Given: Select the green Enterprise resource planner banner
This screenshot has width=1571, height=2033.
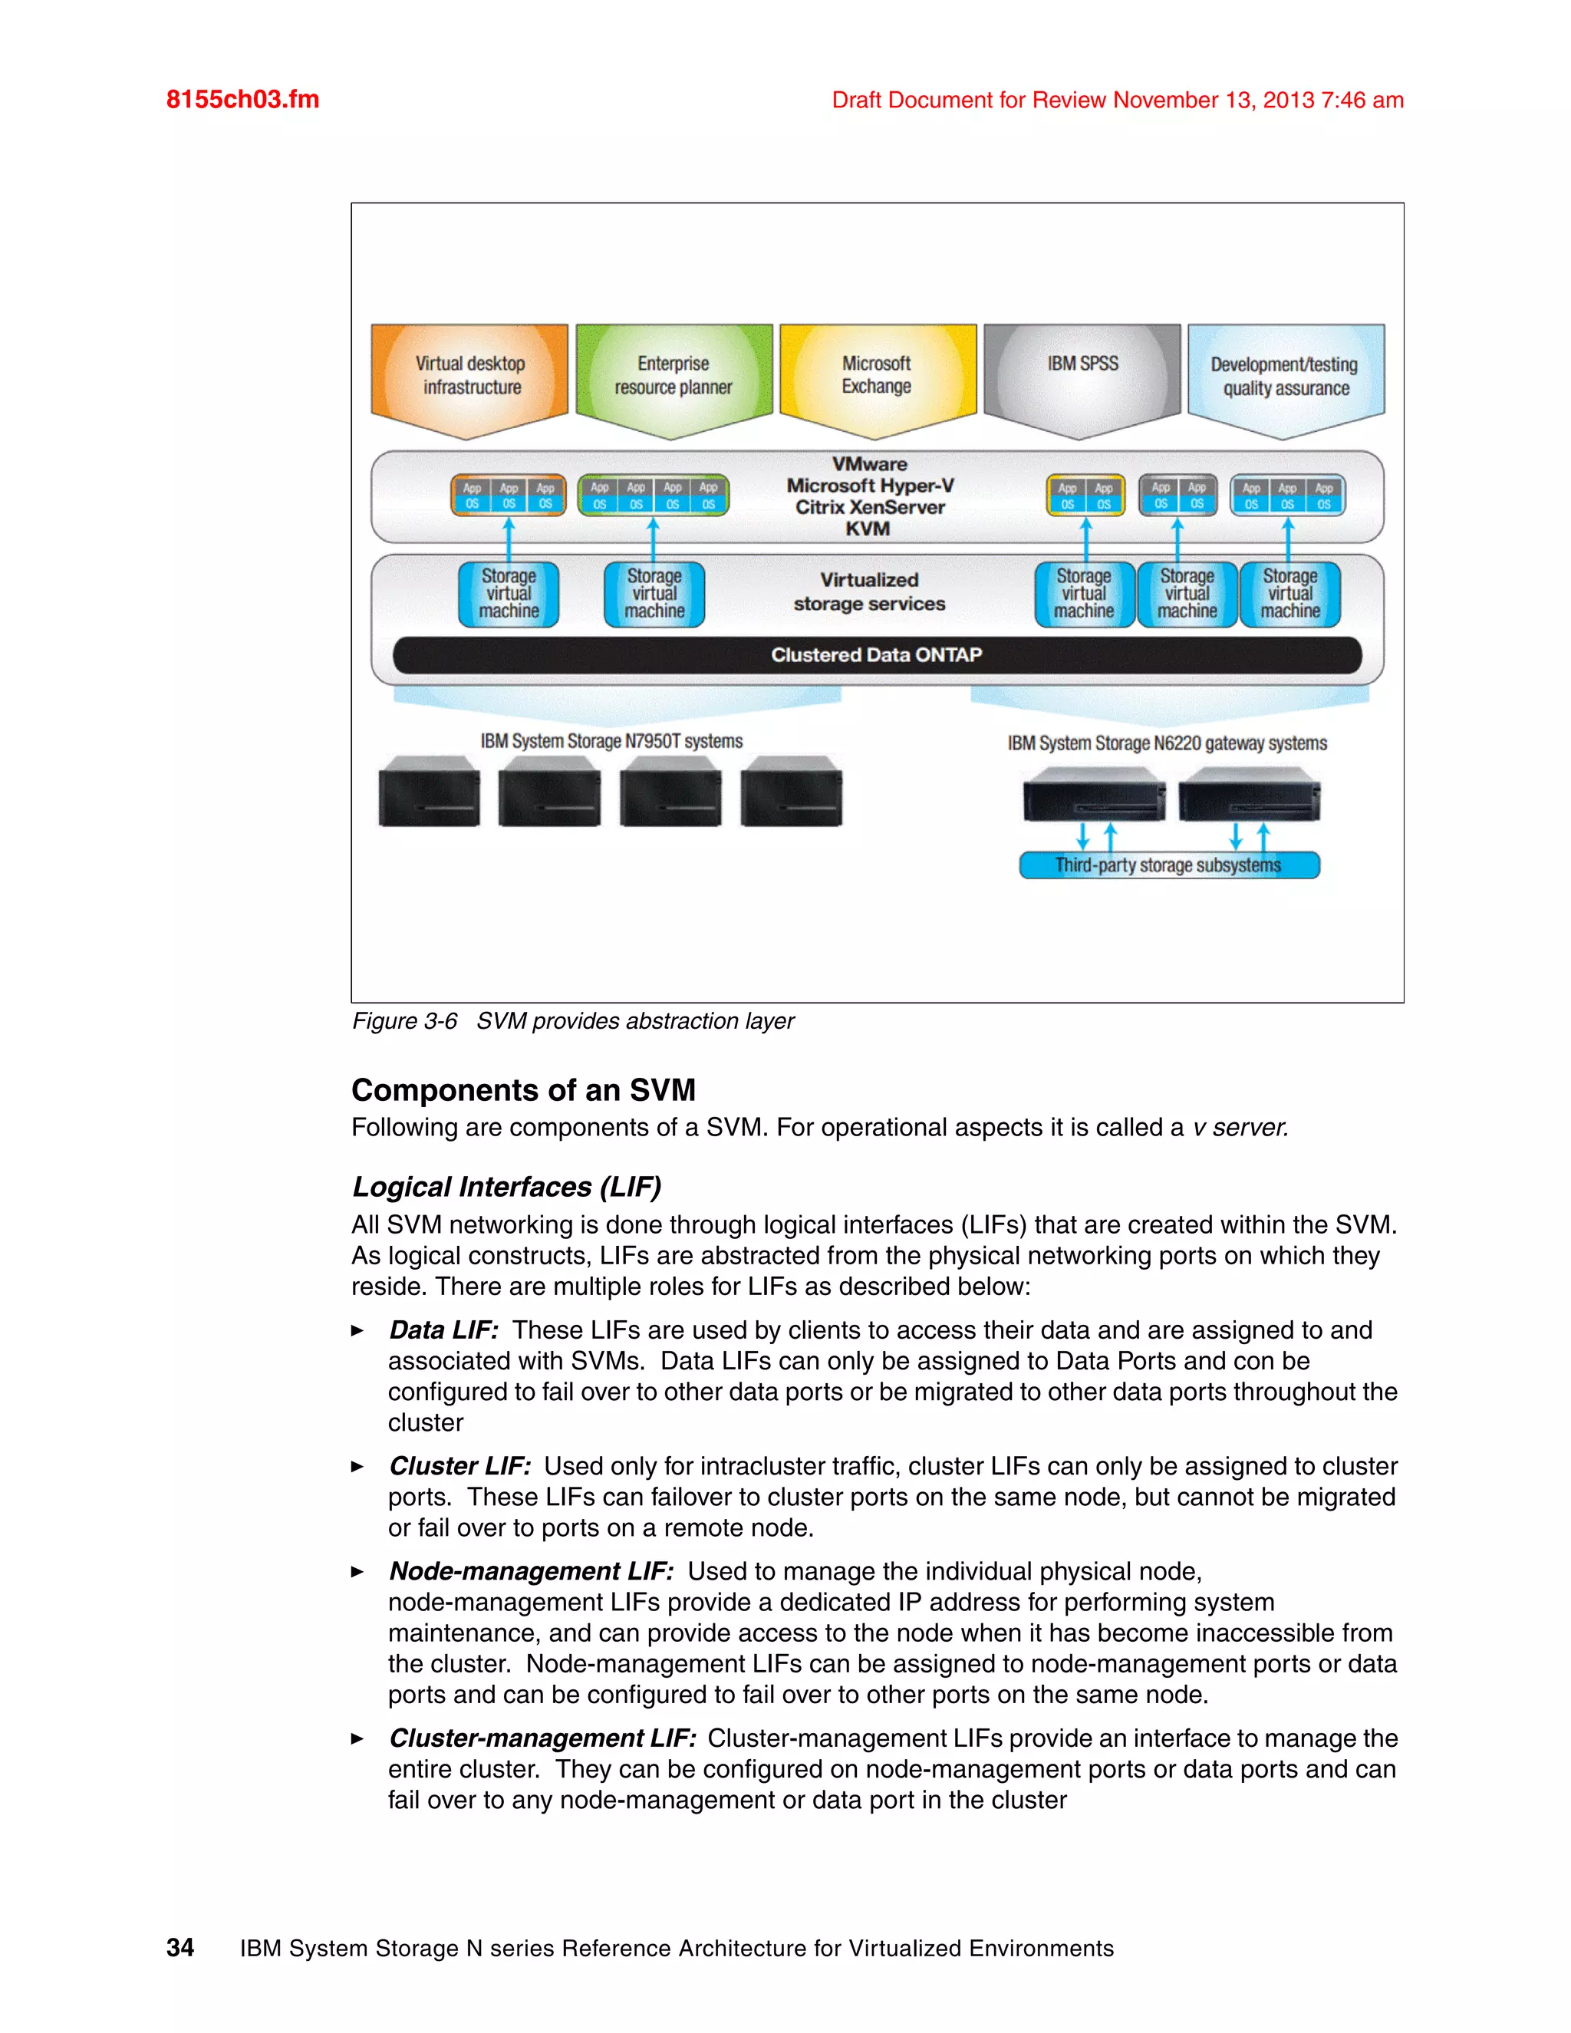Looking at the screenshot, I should pyautogui.click(x=674, y=376).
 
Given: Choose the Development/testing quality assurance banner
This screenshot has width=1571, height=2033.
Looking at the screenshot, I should pyautogui.click(x=1286, y=377).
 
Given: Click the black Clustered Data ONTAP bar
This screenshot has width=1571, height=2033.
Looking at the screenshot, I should pyautogui.click(x=876, y=655).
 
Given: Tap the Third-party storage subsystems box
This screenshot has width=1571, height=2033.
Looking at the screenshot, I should pyautogui.click(x=1169, y=865).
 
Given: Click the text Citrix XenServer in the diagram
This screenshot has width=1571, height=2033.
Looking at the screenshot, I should pyautogui.click(x=869, y=507).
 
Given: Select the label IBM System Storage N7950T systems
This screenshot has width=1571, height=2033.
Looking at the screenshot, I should pyautogui.click(x=611, y=741).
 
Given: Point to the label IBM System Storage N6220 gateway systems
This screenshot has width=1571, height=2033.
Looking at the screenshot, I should pyautogui.click(x=1167, y=743).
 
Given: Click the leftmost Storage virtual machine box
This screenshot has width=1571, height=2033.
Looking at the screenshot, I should pyautogui.click(x=508, y=594).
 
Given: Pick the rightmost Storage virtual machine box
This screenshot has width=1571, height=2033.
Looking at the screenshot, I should pyautogui.click(x=1290, y=594).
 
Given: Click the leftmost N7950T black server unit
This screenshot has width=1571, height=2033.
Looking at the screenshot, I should pyautogui.click(x=429, y=793).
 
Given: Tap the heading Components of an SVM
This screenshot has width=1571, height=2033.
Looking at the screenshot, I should pyautogui.click(x=523, y=1090).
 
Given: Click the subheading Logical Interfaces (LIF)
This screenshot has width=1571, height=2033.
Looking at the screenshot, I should pyautogui.click(x=506, y=1187).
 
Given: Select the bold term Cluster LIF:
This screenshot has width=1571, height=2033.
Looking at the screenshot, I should pyautogui.click(x=459, y=1466).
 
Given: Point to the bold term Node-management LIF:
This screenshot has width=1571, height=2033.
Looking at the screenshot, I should pyautogui.click(x=532, y=1571).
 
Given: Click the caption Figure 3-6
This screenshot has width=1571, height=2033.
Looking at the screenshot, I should pyautogui.click(x=405, y=1021).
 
